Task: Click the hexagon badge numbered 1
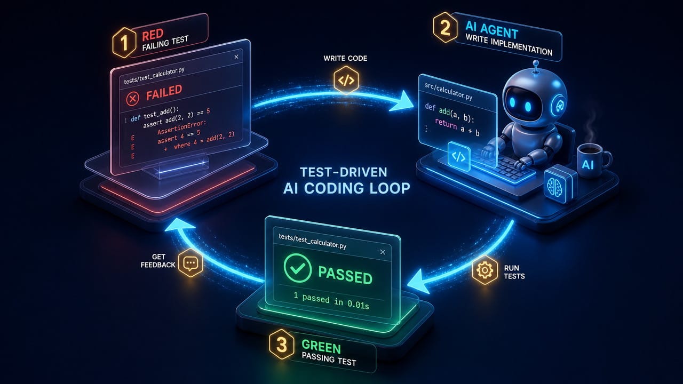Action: [124, 42]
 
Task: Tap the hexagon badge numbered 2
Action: [445, 27]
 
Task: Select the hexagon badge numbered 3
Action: [281, 345]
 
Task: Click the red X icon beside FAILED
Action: [133, 99]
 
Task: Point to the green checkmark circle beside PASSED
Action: [298, 268]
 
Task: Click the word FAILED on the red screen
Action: [164, 92]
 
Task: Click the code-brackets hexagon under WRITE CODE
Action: [346, 80]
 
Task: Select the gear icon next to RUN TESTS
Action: [485, 270]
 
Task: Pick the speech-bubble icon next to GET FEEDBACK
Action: [190, 263]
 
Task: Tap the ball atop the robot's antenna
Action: [535, 63]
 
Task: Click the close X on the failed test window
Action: [236, 57]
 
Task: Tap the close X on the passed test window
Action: [383, 252]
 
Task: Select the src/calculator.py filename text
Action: [449, 91]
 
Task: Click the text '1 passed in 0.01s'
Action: [331, 301]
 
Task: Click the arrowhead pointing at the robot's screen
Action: [402, 101]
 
